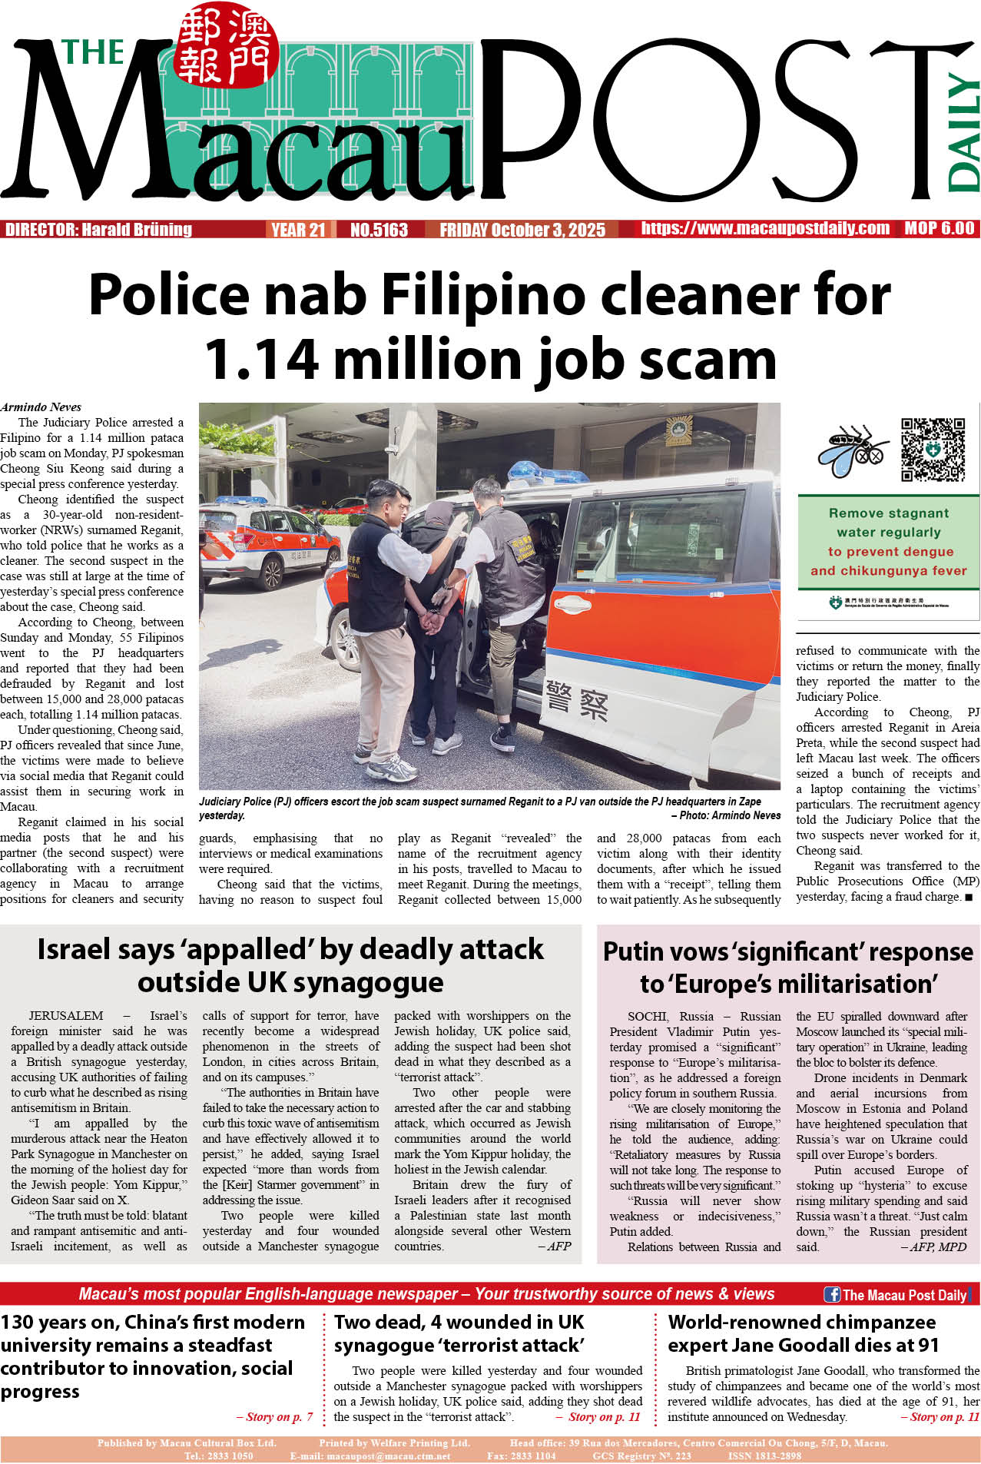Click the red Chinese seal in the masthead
(226, 47)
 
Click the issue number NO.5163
(379, 230)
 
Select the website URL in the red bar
(765, 228)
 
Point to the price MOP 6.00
(939, 228)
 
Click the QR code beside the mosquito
(933, 450)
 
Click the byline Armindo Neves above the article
(41, 407)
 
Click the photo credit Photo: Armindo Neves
(726, 815)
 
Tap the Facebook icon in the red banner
(831, 1294)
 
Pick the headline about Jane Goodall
(802, 1333)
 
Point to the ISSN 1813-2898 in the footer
(764, 1456)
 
